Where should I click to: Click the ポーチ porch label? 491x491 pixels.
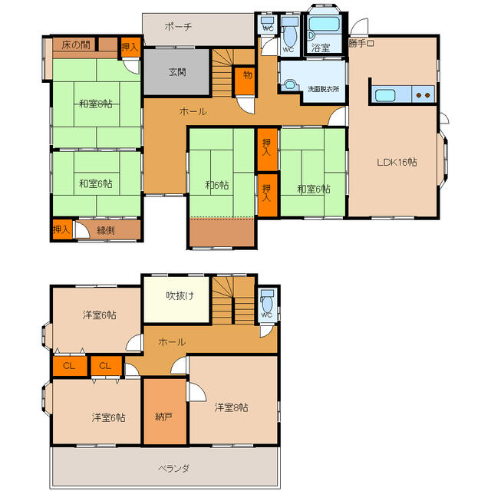tap(178, 27)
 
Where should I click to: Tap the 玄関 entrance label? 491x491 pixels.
tap(177, 72)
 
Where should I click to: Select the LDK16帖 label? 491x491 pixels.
tap(397, 162)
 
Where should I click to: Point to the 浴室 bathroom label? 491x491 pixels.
tap(321, 48)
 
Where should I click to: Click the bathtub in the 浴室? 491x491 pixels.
tap(324, 24)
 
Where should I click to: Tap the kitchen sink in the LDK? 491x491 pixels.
tap(385, 95)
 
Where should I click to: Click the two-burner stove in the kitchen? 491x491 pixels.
tap(423, 94)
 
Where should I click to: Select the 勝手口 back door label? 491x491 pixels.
tap(361, 43)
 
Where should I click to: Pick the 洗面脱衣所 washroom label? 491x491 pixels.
tap(323, 89)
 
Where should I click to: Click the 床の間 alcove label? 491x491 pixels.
tap(76, 45)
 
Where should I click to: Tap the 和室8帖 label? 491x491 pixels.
tap(95, 104)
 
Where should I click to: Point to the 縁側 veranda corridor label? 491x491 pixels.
tap(106, 231)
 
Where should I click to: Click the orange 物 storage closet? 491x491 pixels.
tap(245, 81)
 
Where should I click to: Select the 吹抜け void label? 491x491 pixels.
tap(180, 295)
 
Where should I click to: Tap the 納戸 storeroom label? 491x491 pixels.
tap(163, 417)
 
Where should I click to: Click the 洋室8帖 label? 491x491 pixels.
tap(232, 407)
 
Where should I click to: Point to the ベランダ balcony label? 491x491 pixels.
tap(173, 469)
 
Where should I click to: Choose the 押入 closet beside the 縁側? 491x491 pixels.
tap(62, 229)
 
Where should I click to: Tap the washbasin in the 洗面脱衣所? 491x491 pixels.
tap(290, 85)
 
